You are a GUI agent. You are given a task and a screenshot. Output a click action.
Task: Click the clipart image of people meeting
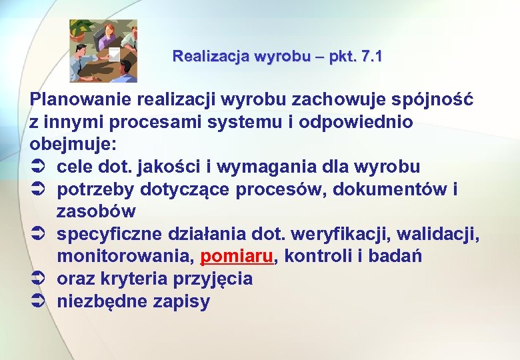(103, 51)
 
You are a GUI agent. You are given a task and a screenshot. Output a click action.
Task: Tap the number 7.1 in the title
(369, 57)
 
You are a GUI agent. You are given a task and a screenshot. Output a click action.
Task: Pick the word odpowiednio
(356, 123)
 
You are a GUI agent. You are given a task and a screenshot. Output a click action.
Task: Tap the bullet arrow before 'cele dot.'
(38, 167)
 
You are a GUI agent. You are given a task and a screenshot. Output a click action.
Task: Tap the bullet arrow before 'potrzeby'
(38, 189)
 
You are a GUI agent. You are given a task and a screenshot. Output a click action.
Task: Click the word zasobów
(96, 211)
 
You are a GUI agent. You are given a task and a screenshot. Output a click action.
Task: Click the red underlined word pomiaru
(237, 257)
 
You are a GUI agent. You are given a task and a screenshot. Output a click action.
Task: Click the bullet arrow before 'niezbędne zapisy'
(38, 301)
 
